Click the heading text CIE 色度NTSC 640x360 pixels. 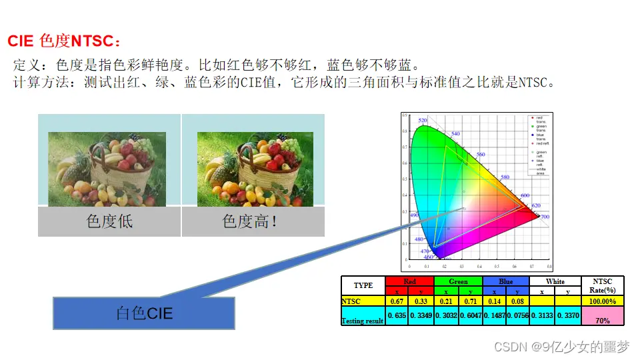point(65,41)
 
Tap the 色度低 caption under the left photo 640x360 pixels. point(109,221)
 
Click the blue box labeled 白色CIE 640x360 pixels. point(144,313)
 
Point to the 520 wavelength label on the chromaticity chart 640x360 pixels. point(423,121)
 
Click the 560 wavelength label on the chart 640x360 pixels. point(480,155)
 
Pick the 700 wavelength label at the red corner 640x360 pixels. point(544,217)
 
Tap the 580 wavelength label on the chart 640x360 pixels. point(505,177)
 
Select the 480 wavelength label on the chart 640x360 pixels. point(419,239)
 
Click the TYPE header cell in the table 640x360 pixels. point(363,285)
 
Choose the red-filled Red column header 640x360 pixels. point(409,281)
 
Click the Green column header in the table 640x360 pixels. point(458,281)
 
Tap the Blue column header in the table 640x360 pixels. point(506,281)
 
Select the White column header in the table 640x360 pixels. point(555,281)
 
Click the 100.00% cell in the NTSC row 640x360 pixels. point(603,301)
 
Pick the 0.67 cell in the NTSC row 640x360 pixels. point(397,301)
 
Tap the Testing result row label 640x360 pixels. point(363,321)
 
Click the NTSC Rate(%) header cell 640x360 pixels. point(603,285)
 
